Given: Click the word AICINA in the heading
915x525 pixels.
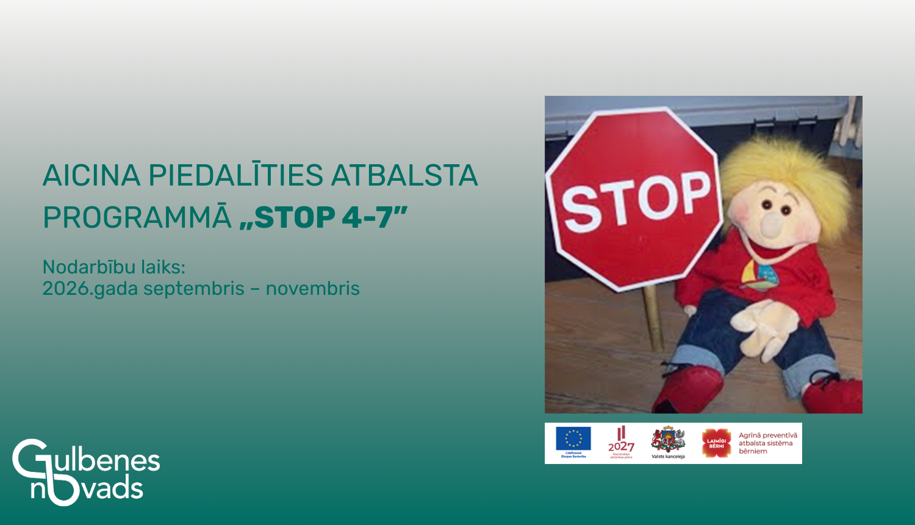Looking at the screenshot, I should [x=91, y=176].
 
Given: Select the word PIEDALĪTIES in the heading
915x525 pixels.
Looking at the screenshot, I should [x=235, y=176].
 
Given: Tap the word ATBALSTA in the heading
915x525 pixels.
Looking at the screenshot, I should [x=404, y=176].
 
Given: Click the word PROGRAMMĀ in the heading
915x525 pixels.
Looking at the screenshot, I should [x=137, y=218].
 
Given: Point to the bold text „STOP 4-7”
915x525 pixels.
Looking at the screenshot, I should [x=323, y=218].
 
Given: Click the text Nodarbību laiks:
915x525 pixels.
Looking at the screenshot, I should [x=113, y=267].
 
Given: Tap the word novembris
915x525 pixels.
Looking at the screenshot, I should [x=312, y=288].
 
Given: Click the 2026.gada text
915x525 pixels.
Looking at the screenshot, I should [x=90, y=289].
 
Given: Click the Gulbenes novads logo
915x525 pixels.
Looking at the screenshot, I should [x=85, y=472].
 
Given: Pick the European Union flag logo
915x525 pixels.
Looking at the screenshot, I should [x=573, y=439].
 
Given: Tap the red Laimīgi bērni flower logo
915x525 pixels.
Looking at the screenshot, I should [x=716, y=443].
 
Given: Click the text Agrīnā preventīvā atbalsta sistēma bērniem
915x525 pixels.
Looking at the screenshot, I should [x=767, y=443].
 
